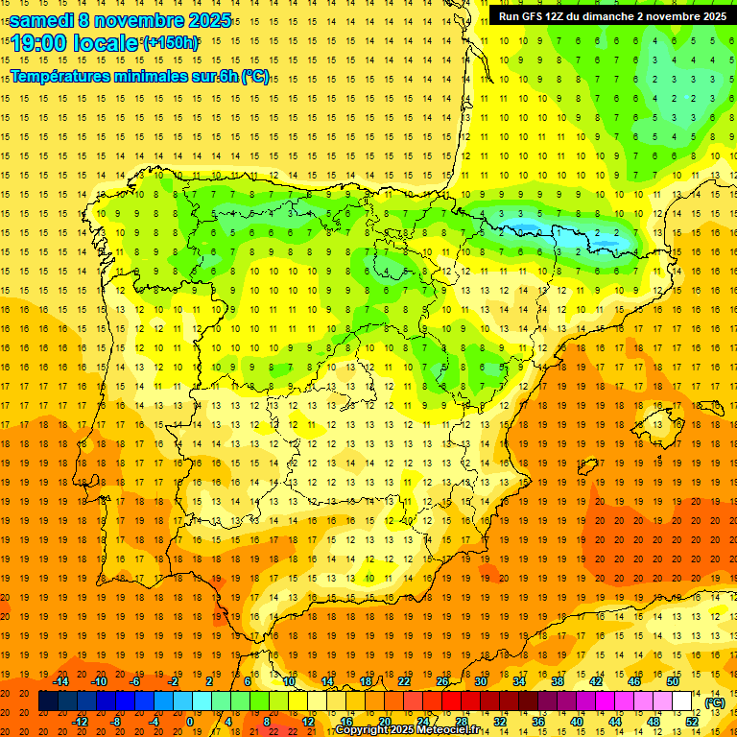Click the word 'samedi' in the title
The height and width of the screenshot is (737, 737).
click(x=43, y=19)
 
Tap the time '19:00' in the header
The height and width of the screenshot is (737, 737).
click(x=38, y=43)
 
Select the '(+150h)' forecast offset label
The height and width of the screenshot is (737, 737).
click(x=171, y=43)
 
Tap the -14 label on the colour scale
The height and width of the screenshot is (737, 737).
click(x=62, y=680)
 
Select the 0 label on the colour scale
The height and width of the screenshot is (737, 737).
click(x=189, y=722)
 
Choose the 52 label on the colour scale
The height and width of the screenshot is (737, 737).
click(x=693, y=722)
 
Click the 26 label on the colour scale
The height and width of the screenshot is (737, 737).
click(x=442, y=680)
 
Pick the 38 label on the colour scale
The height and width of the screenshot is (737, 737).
click(x=557, y=680)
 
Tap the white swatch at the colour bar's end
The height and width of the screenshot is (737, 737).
click(x=682, y=701)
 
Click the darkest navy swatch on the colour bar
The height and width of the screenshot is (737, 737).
click(x=48, y=701)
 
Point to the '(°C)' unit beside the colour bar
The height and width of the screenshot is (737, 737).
click(x=715, y=702)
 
